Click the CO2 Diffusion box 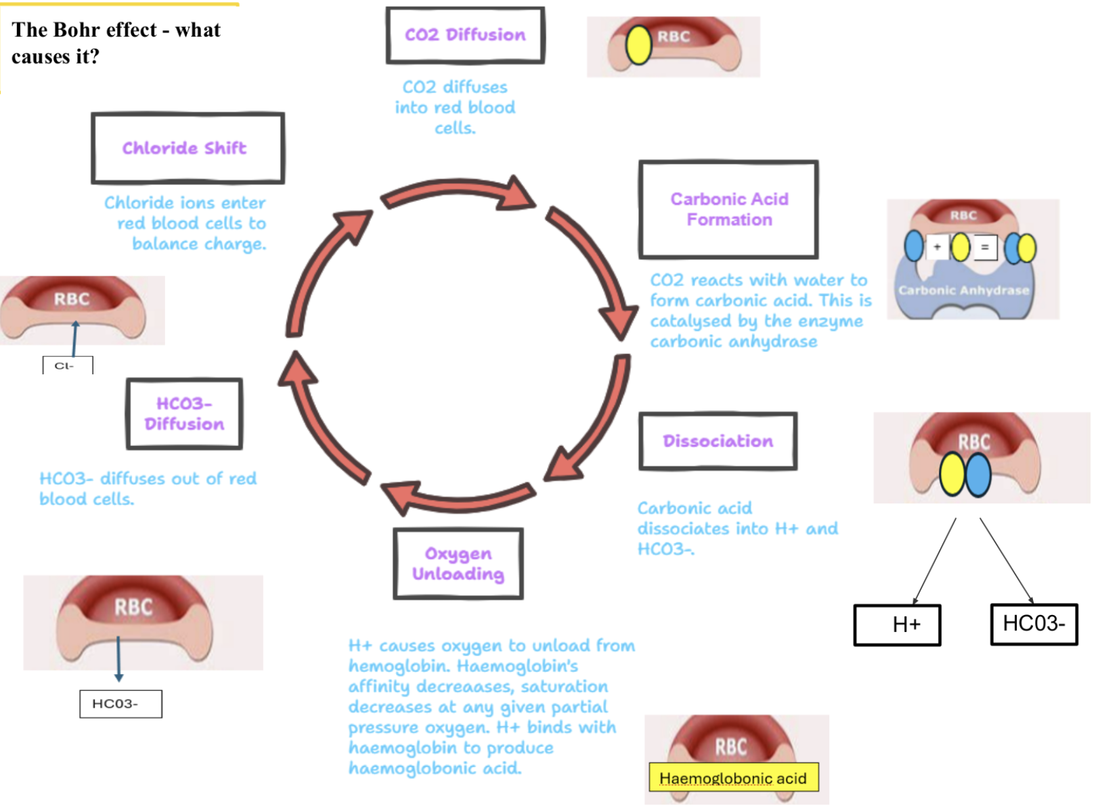pos(465,35)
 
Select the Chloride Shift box pos(188,148)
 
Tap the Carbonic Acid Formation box pos(728,210)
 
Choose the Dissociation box pos(718,441)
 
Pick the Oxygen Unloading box pos(458,564)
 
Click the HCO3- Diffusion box pos(184,414)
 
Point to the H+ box pos(897,625)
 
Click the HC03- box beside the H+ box pos(1034,624)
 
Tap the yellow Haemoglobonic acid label pos(733,778)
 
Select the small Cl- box pos(67,366)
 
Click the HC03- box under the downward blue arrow pos(120,704)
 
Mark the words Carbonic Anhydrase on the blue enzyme pos(963,290)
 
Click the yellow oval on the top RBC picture pos(638,45)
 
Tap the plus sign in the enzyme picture pos(937,247)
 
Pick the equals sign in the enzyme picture pos(984,248)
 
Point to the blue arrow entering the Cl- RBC pos(74,338)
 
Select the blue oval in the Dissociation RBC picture pos(978,474)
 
